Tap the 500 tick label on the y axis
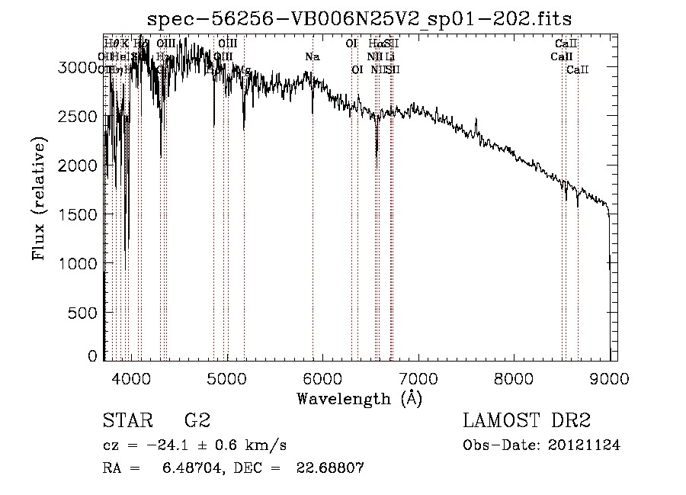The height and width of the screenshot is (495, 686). point(87,312)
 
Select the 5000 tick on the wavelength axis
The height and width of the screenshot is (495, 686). point(226,377)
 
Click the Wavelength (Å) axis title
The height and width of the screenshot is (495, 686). point(359,397)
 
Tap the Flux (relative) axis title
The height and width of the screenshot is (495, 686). point(38,198)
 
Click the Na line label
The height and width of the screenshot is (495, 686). point(312,56)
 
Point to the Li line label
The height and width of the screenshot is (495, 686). point(389,56)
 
